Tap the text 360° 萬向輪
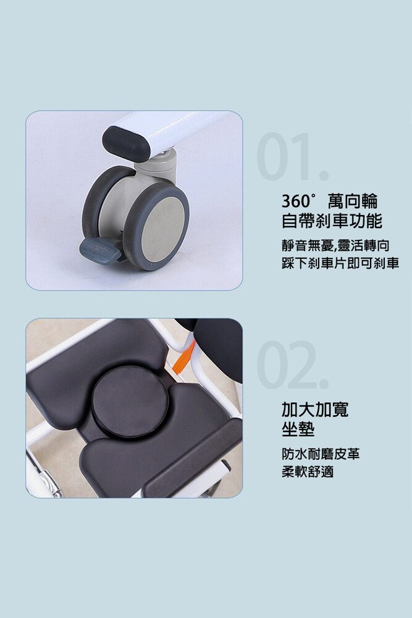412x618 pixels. point(330,201)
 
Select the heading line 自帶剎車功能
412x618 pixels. point(332,221)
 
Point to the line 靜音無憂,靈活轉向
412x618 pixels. point(335,245)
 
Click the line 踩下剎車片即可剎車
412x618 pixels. point(340,263)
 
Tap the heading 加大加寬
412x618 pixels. point(315,410)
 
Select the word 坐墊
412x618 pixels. point(298,429)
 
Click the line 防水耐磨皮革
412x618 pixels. point(321,454)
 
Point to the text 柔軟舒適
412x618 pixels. point(308,472)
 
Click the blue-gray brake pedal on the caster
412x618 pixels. point(101,250)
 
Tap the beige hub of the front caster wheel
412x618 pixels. point(164,227)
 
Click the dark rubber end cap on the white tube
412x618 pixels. point(125,144)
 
